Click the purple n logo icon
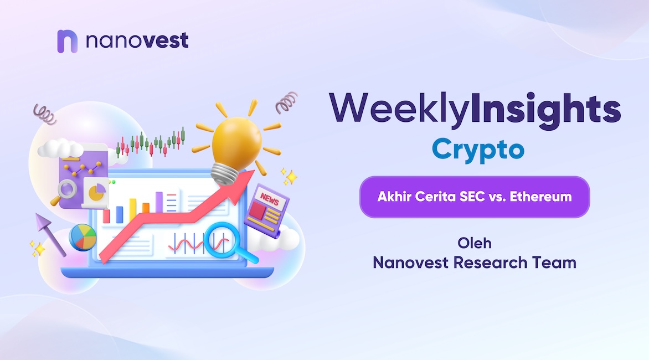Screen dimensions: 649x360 (x=67, y=41)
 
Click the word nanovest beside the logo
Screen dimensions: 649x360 (x=137, y=40)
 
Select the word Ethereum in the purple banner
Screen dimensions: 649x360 (x=540, y=196)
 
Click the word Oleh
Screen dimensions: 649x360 (x=475, y=243)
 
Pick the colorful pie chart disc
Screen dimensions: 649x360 (x=83, y=238)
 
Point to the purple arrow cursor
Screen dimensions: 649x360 (x=50, y=234)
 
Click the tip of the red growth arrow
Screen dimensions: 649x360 (x=253, y=171)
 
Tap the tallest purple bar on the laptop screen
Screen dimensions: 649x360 (x=159, y=202)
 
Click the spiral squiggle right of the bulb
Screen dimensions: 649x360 (x=286, y=102)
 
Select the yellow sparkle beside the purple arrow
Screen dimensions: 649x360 (x=39, y=249)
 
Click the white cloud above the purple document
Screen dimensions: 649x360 (x=61, y=148)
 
